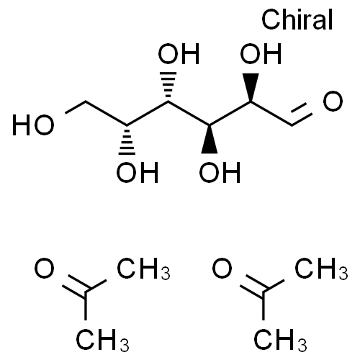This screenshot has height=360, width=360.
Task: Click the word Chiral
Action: pyautogui.click(x=297, y=19)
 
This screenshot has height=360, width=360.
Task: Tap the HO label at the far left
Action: pyautogui.click(x=33, y=125)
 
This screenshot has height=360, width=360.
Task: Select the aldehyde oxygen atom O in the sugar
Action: pyautogui.click(x=333, y=101)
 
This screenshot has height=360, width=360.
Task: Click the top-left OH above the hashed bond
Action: pyautogui.click(x=179, y=54)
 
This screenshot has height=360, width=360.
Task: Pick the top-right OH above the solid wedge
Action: pyautogui.click(x=261, y=54)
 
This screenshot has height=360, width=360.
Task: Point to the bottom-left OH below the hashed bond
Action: pyautogui.click(x=138, y=172)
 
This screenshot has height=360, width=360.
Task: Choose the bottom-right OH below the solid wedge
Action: pyautogui.click(x=220, y=172)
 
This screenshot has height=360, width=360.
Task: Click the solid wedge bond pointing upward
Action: pyautogui.click(x=251, y=88)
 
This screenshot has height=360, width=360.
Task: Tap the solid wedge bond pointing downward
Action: pyautogui.click(x=210, y=139)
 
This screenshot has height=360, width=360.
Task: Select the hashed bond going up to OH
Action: pyautogui.click(x=168, y=87)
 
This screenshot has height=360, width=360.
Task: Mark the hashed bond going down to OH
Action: pyautogui.click(x=127, y=140)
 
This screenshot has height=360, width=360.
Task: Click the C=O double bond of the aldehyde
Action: pyautogui.click(x=302, y=114)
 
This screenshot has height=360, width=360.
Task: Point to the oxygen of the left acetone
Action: pyautogui.click(x=44, y=268)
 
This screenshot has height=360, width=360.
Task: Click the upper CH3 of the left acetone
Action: pyautogui.click(x=143, y=269)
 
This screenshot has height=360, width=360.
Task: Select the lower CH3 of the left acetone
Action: pyautogui.click(x=102, y=340)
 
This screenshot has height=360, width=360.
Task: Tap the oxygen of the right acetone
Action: pyautogui.click(x=222, y=268)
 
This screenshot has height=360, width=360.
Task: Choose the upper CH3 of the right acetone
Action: pyautogui.click(x=321, y=269)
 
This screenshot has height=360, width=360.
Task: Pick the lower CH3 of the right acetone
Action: pyautogui.click(x=280, y=340)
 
